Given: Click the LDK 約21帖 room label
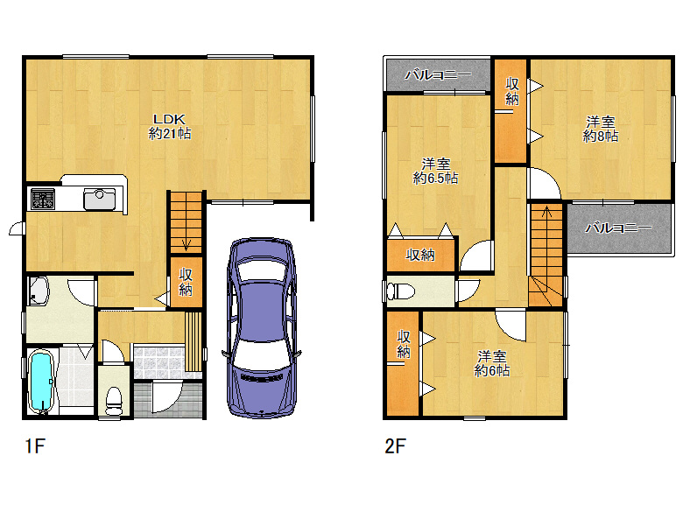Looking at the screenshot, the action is (x=170, y=126).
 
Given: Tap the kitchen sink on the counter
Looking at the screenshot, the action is (x=99, y=199).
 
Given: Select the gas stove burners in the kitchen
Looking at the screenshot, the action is (x=43, y=199).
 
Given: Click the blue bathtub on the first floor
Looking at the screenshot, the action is (x=41, y=382).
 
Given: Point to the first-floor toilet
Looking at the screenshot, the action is (x=115, y=401).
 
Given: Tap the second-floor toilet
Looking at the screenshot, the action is (x=401, y=291).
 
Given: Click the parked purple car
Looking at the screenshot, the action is (x=262, y=328).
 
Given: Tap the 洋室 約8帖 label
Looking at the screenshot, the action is (x=600, y=129).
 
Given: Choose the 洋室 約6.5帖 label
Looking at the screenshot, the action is (x=435, y=171).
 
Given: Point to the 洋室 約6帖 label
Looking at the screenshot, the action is (x=492, y=363).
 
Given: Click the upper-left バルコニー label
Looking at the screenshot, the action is (x=438, y=75).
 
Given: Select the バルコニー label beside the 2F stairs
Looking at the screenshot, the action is (x=618, y=228).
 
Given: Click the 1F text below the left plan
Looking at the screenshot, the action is (x=35, y=446).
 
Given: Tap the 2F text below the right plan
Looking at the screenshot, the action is (x=395, y=446).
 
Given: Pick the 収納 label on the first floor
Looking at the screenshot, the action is (x=186, y=282).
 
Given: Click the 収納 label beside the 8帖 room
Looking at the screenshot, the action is (x=512, y=91).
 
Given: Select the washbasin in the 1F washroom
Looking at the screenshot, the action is (x=39, y=291).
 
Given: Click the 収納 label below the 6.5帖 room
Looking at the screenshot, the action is (x=420, y=255).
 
